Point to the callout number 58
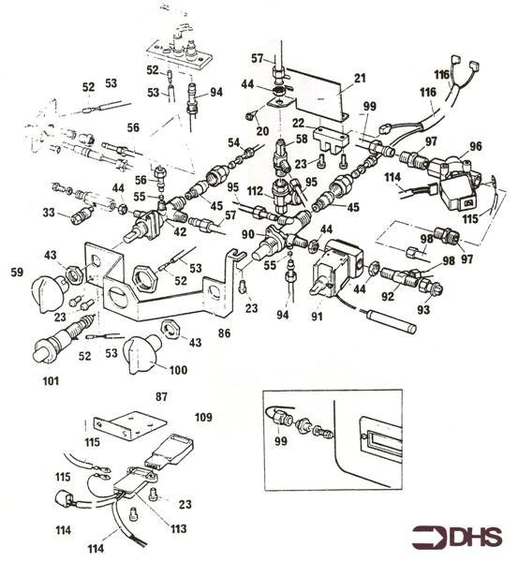302,138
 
